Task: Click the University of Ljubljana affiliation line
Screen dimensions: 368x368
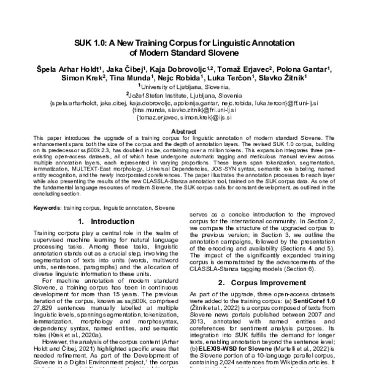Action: click(x=184, y=88)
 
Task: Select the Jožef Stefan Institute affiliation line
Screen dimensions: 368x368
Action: click(x=184, y=96)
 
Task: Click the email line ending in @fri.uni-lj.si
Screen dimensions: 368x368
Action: click(x=184, y=111)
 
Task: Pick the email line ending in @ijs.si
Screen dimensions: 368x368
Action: click(x=184, y=118)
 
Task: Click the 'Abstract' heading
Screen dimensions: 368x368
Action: click(x=184, y=132)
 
